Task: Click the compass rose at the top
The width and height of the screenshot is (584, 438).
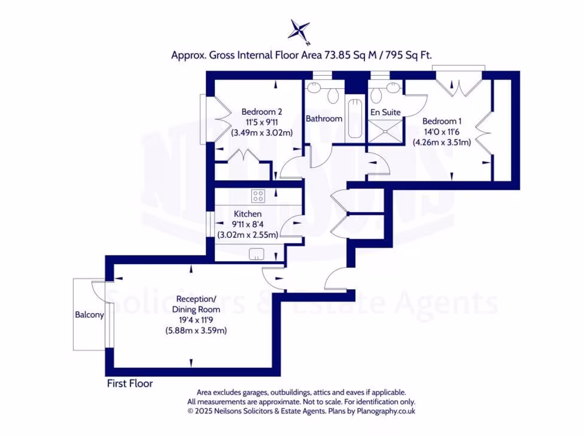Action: pyautogui.click(x=299, y=31)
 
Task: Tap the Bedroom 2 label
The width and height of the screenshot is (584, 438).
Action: pyautogui.click(x=261, y=112)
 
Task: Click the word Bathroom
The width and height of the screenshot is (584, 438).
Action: pyautogui.click(x=324, y=119)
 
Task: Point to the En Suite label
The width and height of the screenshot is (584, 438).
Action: pyautogui.click(x=386, y=112)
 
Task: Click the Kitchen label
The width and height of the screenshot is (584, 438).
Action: pyautogui.click(x=248, y=214)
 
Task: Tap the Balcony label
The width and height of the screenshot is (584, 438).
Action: pyautogui.click(x=90, y=315)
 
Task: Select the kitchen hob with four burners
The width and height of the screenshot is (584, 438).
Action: pyautogui.click(x=258, y=196)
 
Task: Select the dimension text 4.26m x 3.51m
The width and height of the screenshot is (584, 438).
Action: pyautogui.click(x=441, y=143)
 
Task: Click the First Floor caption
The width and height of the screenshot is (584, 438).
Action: pyautogui.click(x=130, y=384)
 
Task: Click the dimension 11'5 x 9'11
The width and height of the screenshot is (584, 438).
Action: pyautogui.click(x=261, y=122)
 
